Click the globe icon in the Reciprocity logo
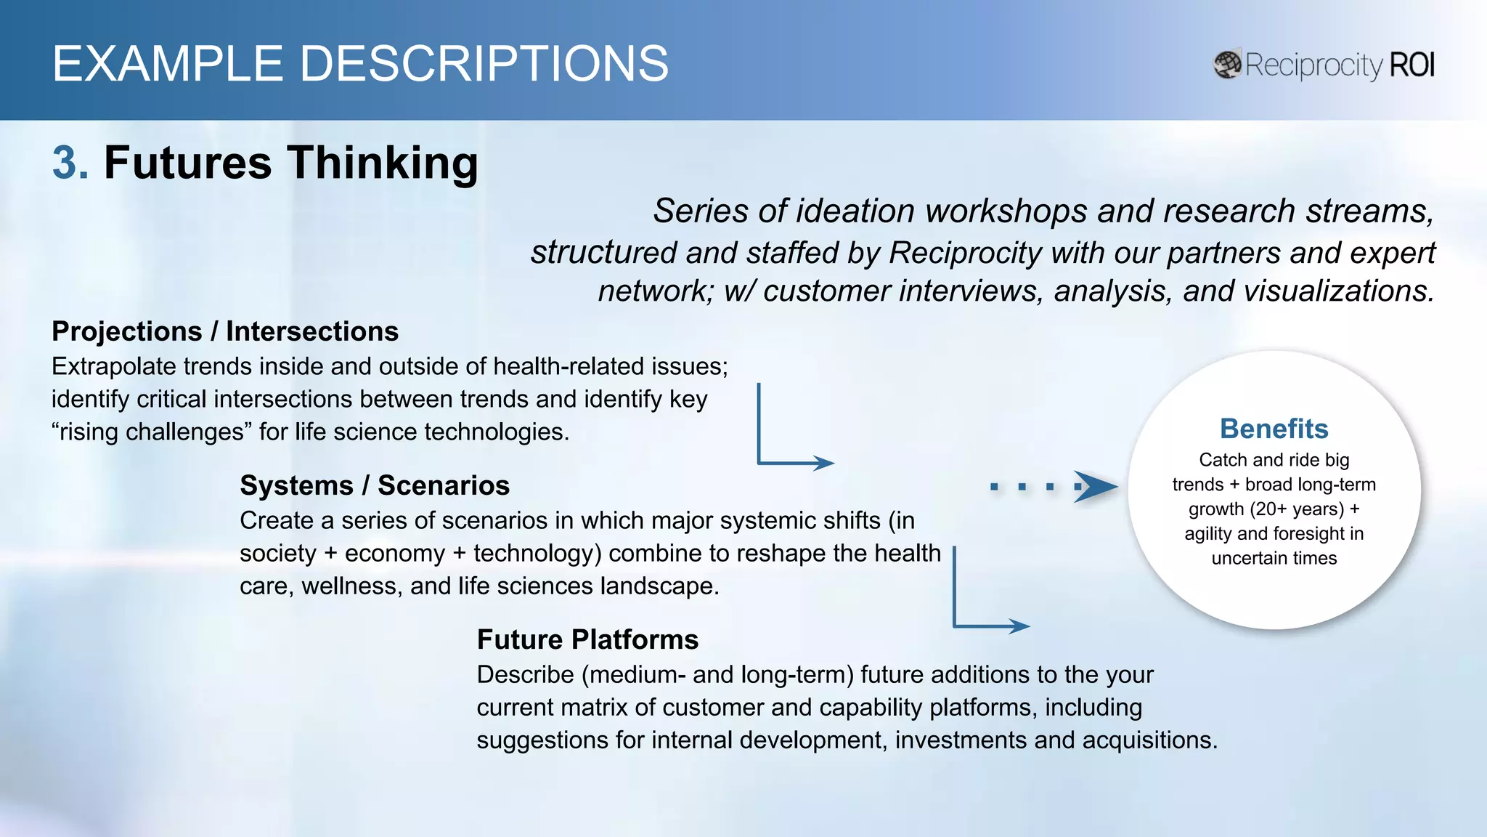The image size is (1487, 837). tap(1228, 65)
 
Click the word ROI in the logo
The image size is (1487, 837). tap(1411, 65)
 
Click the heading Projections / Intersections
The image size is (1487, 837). tap(225, 331)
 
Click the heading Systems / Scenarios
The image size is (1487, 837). tap(375, 485)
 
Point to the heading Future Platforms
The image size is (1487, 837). tap(587, 639)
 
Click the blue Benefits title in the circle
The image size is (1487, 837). tap(1274, 429)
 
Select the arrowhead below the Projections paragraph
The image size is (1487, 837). tap(824, 463)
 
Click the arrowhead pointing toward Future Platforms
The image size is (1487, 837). tap(1019, 626)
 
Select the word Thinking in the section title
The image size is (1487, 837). tap(383, 162)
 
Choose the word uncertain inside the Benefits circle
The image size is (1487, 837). tap(1243, 558)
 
